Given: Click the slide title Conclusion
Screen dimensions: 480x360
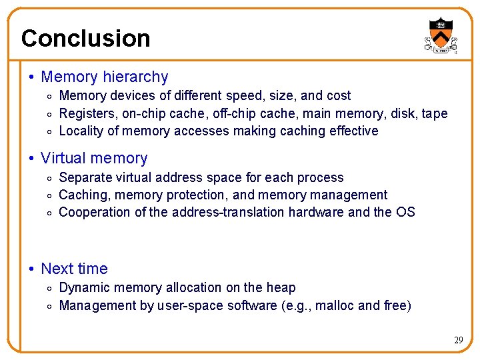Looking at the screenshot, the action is click(85, 39).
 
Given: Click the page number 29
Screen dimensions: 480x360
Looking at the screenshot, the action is click(458, 340).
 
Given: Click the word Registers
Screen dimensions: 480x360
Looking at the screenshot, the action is click(87, 113).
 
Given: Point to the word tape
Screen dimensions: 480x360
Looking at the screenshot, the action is click(435, 114).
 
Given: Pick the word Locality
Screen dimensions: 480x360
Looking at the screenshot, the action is click(81, 131).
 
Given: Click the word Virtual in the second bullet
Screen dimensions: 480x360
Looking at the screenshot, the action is click(63, 159).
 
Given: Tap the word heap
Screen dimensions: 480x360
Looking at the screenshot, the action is click(281, 288).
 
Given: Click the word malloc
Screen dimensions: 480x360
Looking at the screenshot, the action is click(334, 305).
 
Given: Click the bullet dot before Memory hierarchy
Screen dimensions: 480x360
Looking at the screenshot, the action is click(32, 78).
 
